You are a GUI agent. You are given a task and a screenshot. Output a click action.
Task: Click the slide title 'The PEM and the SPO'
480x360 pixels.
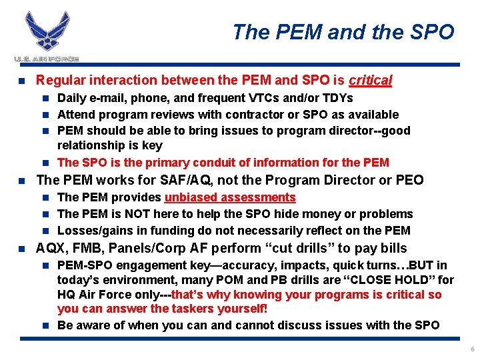tap(343, 31)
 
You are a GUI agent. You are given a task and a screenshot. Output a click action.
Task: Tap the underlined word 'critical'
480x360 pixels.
tap(371, 81)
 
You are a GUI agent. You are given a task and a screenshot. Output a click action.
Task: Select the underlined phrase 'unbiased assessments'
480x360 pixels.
tap(230, 197)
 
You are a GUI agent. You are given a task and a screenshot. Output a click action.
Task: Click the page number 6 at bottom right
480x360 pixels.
tap(471, 349)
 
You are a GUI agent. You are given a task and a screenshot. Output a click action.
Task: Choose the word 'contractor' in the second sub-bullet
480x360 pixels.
tap(259, 115)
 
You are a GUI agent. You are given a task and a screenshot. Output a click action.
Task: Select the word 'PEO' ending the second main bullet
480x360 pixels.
tap(409, 180)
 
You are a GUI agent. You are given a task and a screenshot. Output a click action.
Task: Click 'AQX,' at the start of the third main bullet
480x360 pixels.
tap(51, 249)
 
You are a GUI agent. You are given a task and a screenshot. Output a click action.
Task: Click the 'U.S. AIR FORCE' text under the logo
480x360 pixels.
tap(46, 59)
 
